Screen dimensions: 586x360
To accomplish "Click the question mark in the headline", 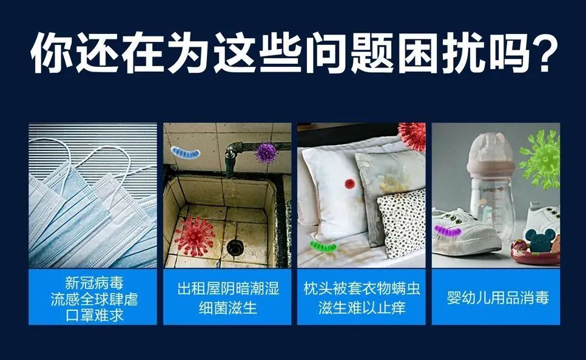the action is pos(545,52).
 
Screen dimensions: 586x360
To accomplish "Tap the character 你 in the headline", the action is pos(51,52).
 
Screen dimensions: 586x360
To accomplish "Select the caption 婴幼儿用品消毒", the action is pos(497,298).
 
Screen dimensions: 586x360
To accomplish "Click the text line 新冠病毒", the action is pos(94,283).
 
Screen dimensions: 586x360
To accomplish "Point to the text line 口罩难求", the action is pos(94,315).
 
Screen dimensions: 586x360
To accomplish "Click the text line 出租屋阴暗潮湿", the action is pos(228,288).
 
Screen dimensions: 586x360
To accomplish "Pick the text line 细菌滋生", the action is pos(228,308).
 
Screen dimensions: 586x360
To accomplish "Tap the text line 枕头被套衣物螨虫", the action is pos(362,288).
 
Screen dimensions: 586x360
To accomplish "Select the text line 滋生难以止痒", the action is pos(362,308).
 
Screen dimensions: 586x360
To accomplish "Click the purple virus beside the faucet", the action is pos(266,152).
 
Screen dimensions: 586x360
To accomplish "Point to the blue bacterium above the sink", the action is pos(186,152).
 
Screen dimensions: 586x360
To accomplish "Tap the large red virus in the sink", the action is pos(194,236).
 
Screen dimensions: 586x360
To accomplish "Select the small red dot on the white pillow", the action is pos(350,184).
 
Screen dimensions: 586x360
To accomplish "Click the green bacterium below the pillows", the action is pos(323,246).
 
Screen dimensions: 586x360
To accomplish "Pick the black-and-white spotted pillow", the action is pos(402,223).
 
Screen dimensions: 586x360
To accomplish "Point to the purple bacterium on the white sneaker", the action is pos(448,230).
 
